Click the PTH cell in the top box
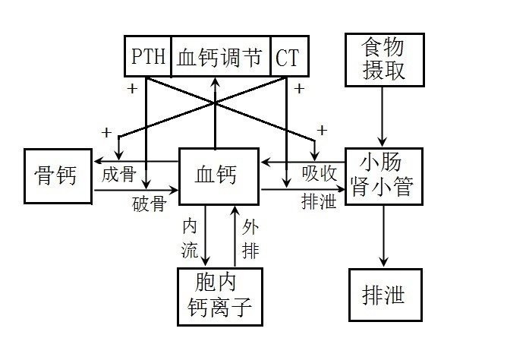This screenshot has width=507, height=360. pos(149,56)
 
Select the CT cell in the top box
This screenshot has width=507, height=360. pos(288,56)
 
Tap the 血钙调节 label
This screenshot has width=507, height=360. pos(221,56)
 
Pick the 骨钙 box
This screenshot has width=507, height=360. pos(58,176)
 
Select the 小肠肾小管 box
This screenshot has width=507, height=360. pos(383,175)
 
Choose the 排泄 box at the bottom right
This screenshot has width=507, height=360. pos(383,295)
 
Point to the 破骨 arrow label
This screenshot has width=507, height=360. pos(148,204)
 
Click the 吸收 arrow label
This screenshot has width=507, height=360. pos(319,174)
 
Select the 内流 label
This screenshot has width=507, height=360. pos(189,237)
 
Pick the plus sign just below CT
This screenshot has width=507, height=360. pos(300,89)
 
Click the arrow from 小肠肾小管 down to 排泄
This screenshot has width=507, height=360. pos(383,235)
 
